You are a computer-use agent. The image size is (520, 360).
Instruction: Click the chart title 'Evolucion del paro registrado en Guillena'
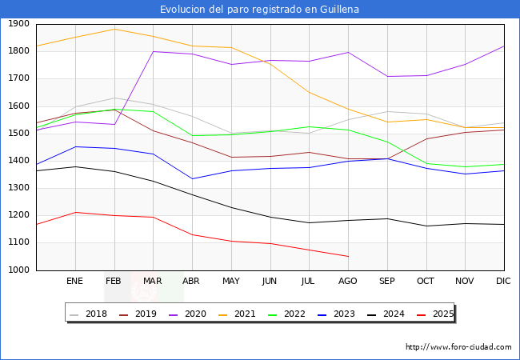coord(259,10)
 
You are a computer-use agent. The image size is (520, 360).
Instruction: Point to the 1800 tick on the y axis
coord(19,51)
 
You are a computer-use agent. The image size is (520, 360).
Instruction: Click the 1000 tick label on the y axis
coord(19,270)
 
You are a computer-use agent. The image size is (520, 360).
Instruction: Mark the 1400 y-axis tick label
coord(19,161)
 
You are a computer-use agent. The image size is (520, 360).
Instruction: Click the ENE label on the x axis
coord(74,282)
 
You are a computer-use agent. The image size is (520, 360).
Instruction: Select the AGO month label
coord(348,282)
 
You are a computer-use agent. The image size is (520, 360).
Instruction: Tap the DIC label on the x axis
coord(503,282)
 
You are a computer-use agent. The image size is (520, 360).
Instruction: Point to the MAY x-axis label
coord(231,282)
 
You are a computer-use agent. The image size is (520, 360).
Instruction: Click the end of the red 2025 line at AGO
coord(348,257)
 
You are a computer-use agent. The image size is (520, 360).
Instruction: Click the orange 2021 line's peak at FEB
coord(114,29)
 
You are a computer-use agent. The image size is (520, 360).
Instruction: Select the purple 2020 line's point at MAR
coord(153,51)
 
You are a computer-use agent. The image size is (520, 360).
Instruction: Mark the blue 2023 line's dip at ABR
coord(192,178)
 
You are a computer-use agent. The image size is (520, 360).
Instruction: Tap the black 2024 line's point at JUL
coord(309,222)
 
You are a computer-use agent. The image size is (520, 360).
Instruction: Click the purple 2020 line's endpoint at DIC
coord(504,46)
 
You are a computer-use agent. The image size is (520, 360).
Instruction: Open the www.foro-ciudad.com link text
coord(458,347)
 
